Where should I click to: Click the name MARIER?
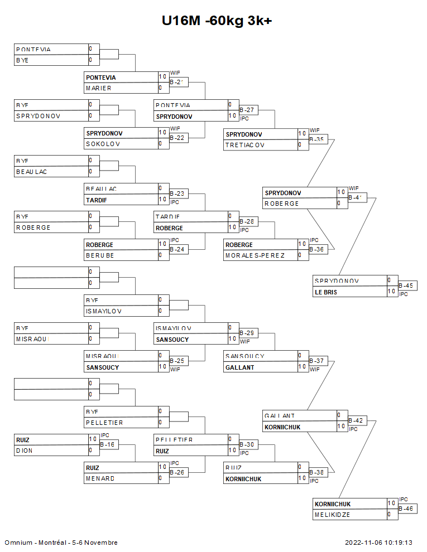pyautogui.click(x=99, y=88)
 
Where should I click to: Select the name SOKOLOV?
pyautogui.click(x=100, y=144)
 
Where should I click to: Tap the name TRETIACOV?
pyautogui.click(x=244, y=145)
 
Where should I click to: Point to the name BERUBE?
pyautogui.click(x=100, y=255)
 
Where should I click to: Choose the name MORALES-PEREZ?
pyautogui.click(x=255, y=255)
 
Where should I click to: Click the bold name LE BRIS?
pyautogui.click(x=326, y=292)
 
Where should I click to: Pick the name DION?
pyautogui.click(x=25, y=451)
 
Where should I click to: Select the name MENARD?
pyautogui.click(x=100, y=478)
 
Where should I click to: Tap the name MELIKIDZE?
pyautogui.click(x=333, y=515)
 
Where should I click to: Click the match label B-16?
pyautogui.click(x=108, y=445)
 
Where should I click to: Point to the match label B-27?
pyautogui.click(x=247, y=110)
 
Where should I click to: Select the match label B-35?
pyautogui.click(x=317, y=139)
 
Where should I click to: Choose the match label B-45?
pyautogui.click(x=406, y=286)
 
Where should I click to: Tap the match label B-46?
pyautogui.click(x=406, y=509)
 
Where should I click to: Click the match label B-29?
pyautogui.click(x=247, y=333)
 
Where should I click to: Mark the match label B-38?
pyautogui.click(x=317, y=472)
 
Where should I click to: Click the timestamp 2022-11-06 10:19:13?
pyautogui.click(x=378, y=543)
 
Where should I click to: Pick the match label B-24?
pyautogui.click(x=177, y=249)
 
